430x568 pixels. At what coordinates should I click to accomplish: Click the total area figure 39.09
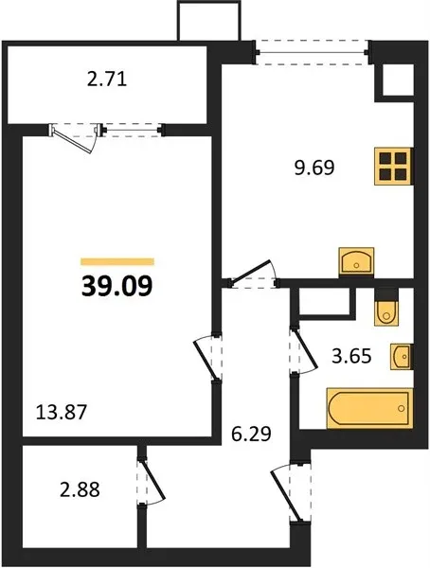click(x=117, y=286)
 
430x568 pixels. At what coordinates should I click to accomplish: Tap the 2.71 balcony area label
click(x=107, y=80)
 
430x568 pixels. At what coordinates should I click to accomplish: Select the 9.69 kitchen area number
click(x=314, y=169)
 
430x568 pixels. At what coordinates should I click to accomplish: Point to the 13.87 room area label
click(x=62, y=412)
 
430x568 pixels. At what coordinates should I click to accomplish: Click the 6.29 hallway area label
click(x=251, y=434)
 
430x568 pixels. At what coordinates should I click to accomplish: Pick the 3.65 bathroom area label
click(x=351, y=356)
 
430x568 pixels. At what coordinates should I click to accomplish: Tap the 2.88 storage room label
click(x=80, y=490)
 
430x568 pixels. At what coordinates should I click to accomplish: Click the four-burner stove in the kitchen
click(x=393, y=167)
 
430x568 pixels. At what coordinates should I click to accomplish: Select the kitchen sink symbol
click(x=356, y=261)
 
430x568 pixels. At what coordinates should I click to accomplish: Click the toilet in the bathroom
click(x=386, y=307)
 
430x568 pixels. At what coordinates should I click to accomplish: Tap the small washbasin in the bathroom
click(x=402, y=357)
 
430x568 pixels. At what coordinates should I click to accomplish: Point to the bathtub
click(x=369, y=408)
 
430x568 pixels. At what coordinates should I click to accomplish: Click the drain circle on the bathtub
click(x=401, y=408)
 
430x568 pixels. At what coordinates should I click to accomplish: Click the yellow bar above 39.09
click(x=117, y=261)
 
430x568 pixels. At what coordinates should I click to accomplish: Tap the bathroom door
click(x=305, y=350)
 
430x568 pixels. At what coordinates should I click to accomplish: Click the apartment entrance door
click(x=286, y=492)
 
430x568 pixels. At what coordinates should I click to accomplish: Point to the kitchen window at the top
click(x=313, y=53)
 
